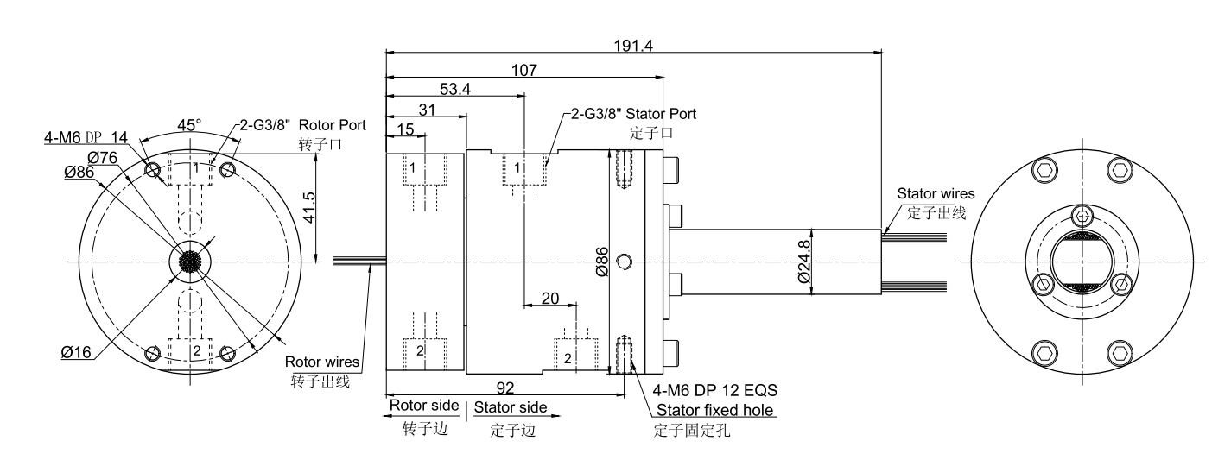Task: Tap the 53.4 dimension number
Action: (455, 90)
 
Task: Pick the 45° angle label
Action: (189, 124)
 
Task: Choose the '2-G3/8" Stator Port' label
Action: (632, 114)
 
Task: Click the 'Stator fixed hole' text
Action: (715, 410)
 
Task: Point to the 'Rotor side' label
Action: (425, 406)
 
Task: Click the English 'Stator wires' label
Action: (936, 194)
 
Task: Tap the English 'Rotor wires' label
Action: (322, 362)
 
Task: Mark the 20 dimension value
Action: (549, 298)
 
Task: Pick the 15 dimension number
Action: (406, 129)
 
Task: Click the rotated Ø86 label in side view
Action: (602, 260)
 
